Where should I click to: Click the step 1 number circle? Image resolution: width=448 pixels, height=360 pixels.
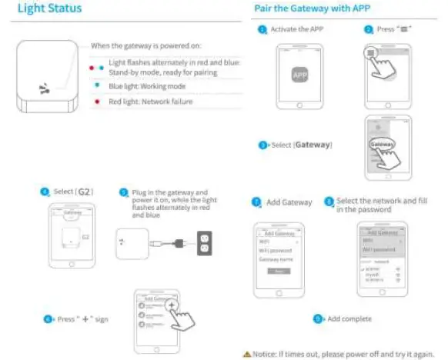pos(262,29)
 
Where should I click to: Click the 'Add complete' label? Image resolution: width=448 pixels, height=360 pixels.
pos(349,318)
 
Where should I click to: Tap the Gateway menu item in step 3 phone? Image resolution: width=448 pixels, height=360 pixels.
pos(382,144)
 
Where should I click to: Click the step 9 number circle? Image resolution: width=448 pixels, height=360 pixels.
pos(317,318)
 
